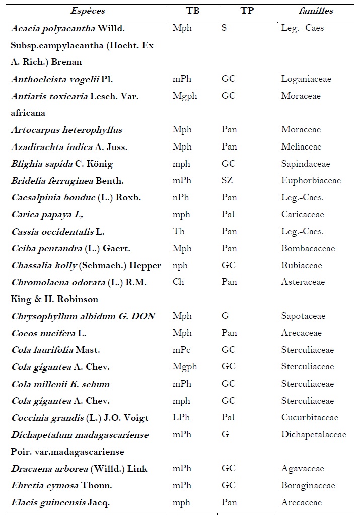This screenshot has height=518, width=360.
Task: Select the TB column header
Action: pos(192,11)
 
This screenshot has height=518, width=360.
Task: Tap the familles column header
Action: pos(314,11)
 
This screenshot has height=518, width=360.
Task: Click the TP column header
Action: pos(247,11)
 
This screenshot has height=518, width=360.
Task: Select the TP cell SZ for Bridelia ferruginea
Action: pos(228,180)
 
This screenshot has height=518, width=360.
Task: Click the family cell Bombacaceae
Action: pos(308,248)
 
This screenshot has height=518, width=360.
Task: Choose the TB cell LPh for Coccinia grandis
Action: pos(181,418)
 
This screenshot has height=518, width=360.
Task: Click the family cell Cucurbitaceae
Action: pos(310,418)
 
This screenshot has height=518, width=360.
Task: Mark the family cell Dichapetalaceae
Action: pos(314,434)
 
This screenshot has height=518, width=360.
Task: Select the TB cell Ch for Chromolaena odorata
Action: pos(178,282)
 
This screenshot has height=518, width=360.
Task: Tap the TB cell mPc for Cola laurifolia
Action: pos(182,350)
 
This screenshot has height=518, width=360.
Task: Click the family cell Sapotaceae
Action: pos(303,316)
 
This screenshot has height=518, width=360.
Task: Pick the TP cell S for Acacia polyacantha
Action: pos(224,28)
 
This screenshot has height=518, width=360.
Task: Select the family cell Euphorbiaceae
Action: pos(311,180)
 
